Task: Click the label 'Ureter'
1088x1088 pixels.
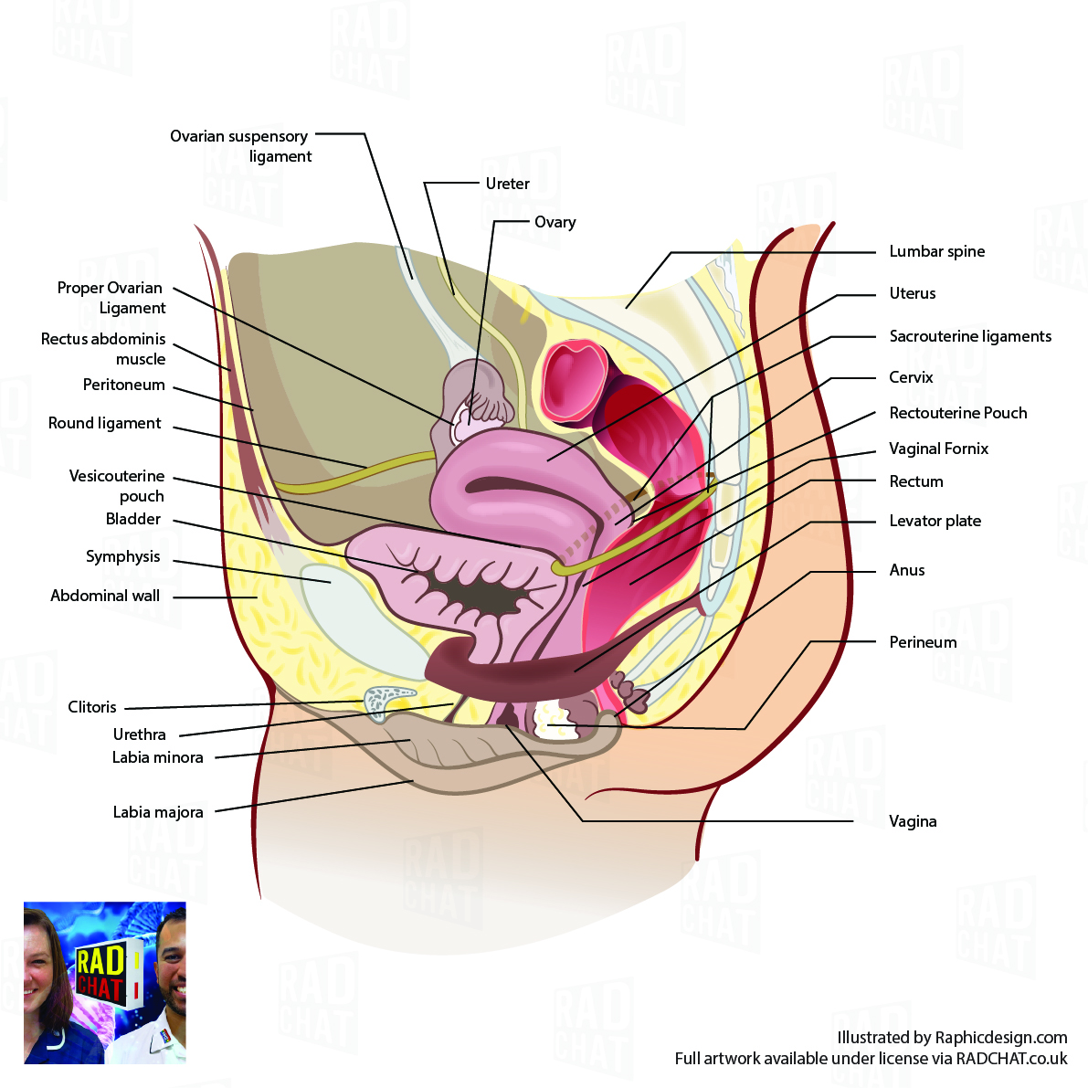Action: click(x=507, y=184)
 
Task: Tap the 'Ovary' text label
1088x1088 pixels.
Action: click(x=555, y=222)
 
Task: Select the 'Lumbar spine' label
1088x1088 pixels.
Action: click(x=936, y=251)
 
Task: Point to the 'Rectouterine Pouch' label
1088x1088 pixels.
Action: click(x=957, y=413)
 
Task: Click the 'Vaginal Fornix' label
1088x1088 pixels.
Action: click(x=938, y=449)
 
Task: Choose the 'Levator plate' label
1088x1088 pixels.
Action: click(x=935, y=521)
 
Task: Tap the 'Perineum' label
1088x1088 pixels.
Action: click(x=923, y=642)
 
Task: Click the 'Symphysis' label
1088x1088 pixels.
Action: click(x=122, y=556)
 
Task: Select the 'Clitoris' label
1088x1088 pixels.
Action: click(x=92, y=707)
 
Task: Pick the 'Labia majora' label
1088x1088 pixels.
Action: click(x=158, y=812)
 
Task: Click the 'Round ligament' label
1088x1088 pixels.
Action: click(x=104, y=423)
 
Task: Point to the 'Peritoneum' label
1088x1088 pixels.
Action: click(x=123, y=385)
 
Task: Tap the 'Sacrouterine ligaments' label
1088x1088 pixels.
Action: click(x=970, y=336)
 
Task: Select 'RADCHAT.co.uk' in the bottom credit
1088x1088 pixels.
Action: click(x=1011, y=1059)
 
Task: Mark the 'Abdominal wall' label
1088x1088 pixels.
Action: click(x=105, y=596)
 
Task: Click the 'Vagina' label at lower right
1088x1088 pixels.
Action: click(x=913, y=821)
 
